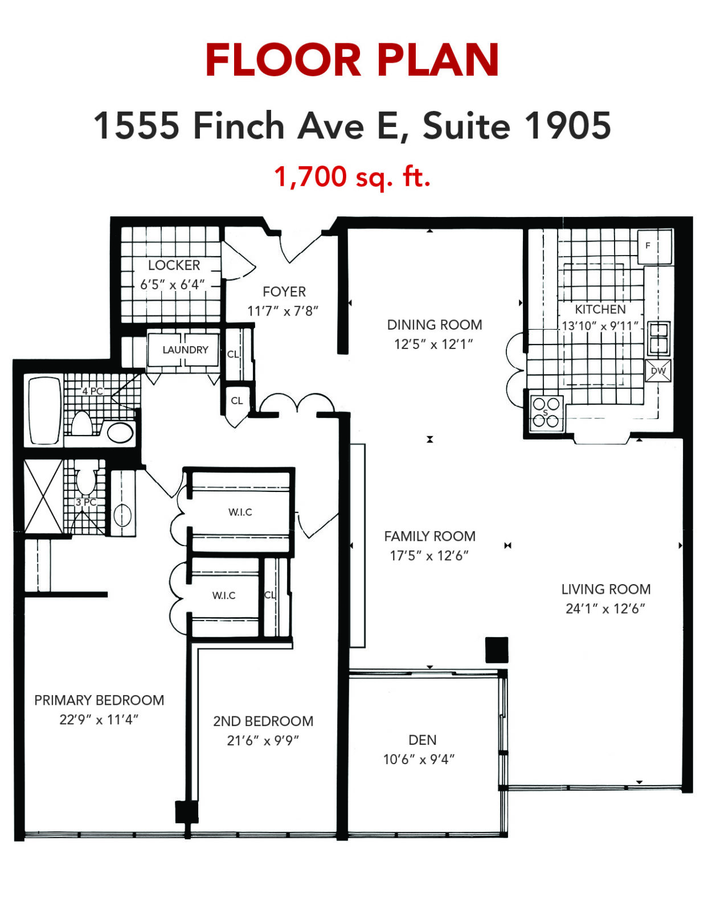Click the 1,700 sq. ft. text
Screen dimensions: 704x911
(352, 177)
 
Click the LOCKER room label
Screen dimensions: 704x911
(174, 265)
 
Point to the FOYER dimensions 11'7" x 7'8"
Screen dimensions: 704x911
(283, 311)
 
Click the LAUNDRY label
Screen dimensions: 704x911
(185, 350)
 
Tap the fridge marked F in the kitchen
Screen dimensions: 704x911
(654, 246)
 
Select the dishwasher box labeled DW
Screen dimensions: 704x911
(658, 371)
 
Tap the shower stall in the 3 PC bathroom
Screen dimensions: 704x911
(43, 496)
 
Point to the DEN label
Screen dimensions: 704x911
(422, 740)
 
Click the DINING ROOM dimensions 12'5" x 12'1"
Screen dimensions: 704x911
(433, 344)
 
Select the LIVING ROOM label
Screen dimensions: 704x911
(606, 589)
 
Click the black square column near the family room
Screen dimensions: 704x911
(497, 650)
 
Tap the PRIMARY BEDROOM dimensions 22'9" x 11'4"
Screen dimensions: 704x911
(99, 720)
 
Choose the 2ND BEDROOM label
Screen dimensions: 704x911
(263, 721)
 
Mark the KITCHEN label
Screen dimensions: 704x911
(600, 309)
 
